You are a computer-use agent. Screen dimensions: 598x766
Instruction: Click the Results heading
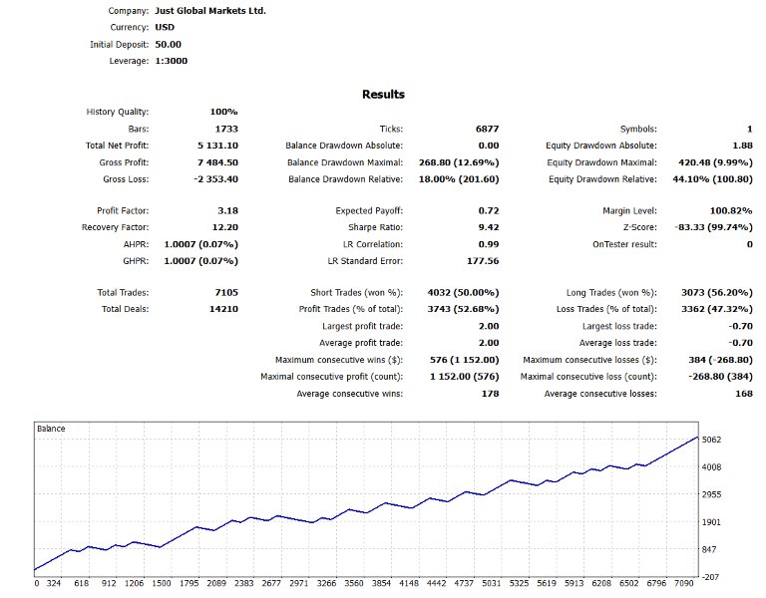pyautogui.click(x=383, y=95)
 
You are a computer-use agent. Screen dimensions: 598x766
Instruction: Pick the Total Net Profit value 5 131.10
pyautogui.click(x=211, y=146)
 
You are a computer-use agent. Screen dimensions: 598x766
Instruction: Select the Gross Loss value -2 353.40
pyautogui.click(x=210, y=179)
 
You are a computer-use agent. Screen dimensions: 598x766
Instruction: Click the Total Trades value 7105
pyautogui.click(x=223, y=293)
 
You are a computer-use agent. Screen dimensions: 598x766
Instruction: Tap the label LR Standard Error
pyautogui.click(x=365, y=261)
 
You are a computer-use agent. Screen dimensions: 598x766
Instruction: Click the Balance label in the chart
pyautogui.click(x=52, y=429)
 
